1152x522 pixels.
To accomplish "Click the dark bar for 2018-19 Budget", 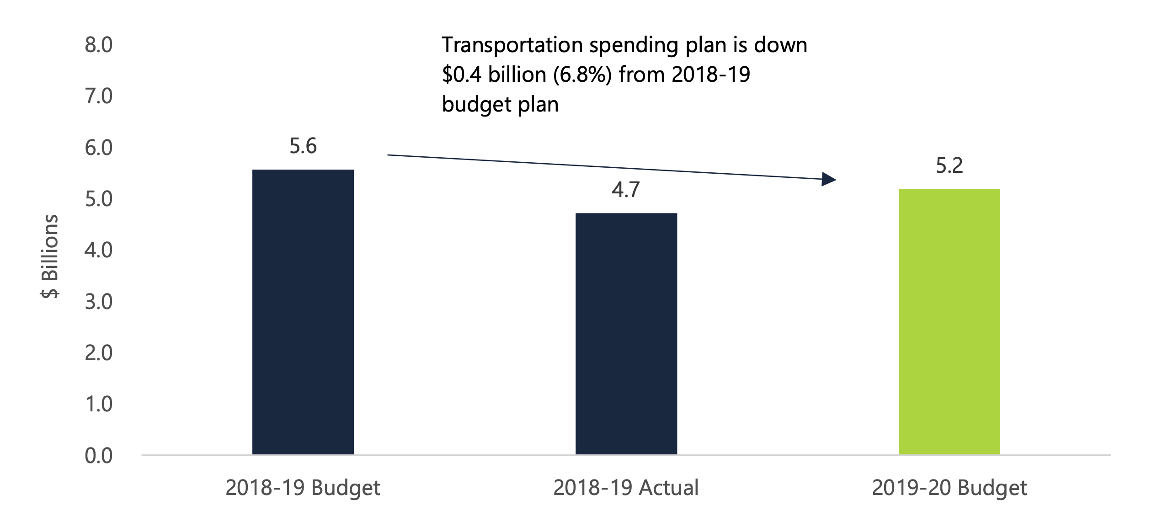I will pos(303,312).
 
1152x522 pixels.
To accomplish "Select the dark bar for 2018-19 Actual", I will pos(626,334).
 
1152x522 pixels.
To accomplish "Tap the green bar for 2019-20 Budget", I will pos(949,321).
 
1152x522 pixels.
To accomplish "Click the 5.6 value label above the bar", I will pos(303,146).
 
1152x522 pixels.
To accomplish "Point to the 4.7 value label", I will pos(625,190).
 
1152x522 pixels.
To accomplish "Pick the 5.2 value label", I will pos(949,165).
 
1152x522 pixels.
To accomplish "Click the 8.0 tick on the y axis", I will pos(98,45).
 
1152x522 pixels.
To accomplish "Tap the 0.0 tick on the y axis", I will pos(98,456).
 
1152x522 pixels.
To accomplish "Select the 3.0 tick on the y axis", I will pos(98,302).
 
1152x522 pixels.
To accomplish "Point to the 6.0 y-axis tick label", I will pos(98,148).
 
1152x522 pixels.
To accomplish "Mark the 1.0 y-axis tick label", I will pos(98,404).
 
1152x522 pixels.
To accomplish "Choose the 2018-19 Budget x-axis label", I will pos(303,488).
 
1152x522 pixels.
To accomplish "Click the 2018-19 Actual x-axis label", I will pos(626,488).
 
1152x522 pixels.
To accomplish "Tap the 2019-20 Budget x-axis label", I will pos(949,488).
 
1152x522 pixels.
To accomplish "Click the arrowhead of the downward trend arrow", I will pos(828,179).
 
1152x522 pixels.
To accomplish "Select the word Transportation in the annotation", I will pos(512,45).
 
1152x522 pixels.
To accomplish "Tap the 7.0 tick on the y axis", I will pos(98,96).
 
